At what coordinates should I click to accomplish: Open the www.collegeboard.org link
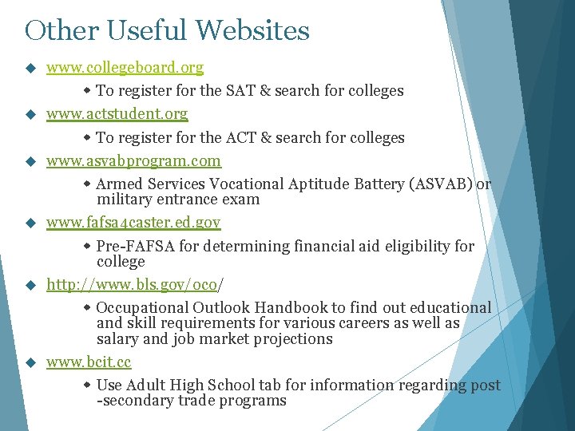coord(125,68)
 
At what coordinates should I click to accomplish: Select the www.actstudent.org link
coord(117,114)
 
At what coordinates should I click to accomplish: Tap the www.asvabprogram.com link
coord(133,161)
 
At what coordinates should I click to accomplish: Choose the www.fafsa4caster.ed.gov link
coord(133,222)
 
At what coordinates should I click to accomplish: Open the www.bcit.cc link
coord(89,362)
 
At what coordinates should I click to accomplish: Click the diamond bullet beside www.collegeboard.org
coord(31,68)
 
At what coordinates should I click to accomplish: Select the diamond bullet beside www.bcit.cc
coord(31,362)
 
